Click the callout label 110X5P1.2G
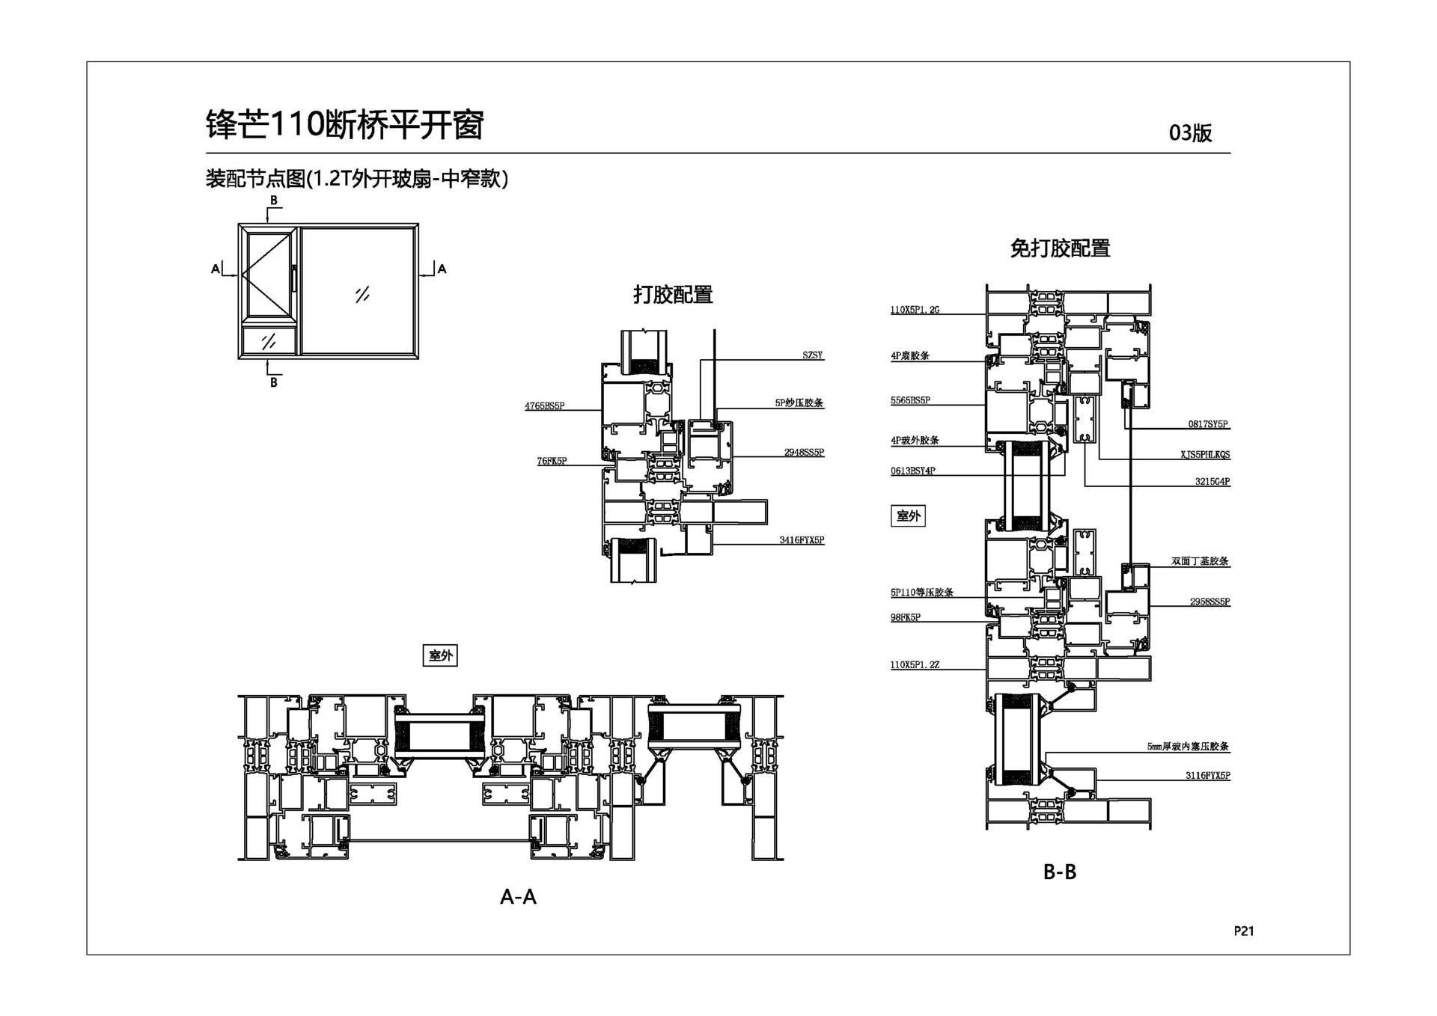coord(914,310)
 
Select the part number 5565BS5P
coord(910,400)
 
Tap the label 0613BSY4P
coord(912,471)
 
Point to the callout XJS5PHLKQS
coord(1205,454)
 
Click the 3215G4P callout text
coord(1212,481)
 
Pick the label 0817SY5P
coord(1208,424)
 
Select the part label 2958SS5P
coord(1209,602)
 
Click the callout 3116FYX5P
coord(1207,775)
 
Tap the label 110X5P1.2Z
coord(914,664)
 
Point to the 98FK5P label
coord(905,617)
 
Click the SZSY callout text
coord(812,355)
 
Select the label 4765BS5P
coord(544,406)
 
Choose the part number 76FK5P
coord(552,461)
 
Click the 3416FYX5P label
coord(802,539)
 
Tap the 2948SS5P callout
coord(804,453)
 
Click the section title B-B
coord(1059,872)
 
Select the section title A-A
coord(518,896)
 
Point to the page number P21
coord(1243,931)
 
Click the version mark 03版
coord(1190,133)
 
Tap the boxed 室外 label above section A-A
coord(440,655)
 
